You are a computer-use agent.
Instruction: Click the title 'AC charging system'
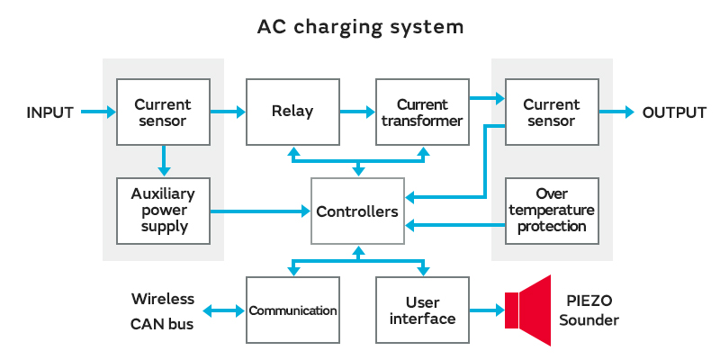coord(360,27)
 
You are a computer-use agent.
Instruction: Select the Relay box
coord(292,112)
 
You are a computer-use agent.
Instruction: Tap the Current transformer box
coord(422,112)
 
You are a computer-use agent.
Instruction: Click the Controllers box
coord(357,212)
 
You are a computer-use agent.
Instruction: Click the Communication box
coord(292,310)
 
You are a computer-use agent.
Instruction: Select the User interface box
coord(422,310)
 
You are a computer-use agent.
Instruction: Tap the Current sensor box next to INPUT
coord(163,112)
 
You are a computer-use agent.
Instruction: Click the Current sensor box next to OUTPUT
coord(552,112)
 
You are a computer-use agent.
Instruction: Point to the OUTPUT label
coord(674,112)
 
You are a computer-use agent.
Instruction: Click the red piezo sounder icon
coord(531,310)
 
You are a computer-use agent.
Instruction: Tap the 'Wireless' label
coord(163,299)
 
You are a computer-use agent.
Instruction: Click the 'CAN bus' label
coord(162,323)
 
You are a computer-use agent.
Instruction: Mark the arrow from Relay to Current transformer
coord(357,112)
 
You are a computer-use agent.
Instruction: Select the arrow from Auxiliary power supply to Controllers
coord(260,212)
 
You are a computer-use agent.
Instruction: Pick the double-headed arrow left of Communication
coord(224,311)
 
